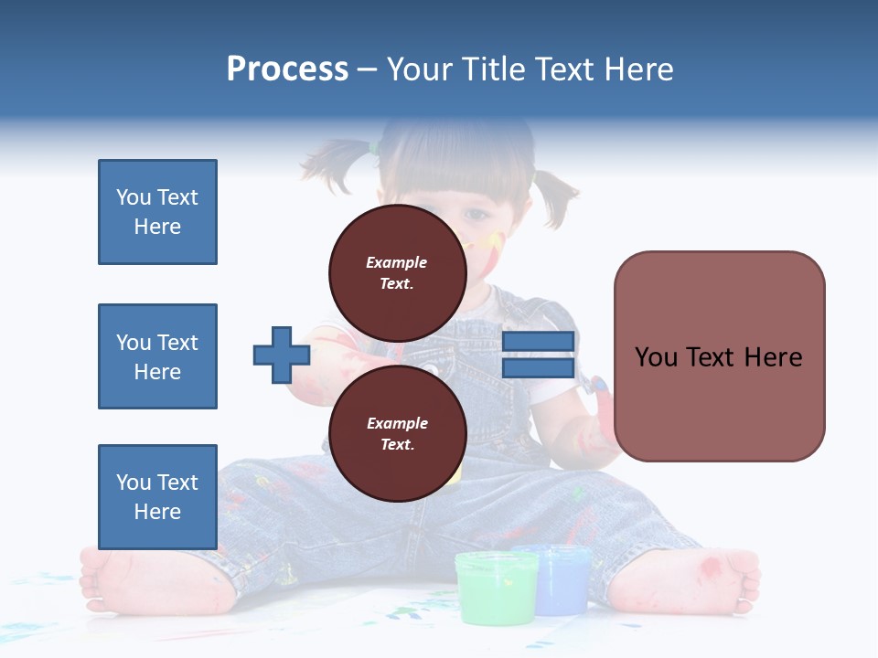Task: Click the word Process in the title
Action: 287,69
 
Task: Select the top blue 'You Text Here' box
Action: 157,212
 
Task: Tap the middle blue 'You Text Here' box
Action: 157,356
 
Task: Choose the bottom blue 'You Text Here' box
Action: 157,496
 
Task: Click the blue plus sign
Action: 281,356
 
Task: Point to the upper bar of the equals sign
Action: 538,342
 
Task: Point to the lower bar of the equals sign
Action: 538,368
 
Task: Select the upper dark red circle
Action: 397,273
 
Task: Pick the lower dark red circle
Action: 397,434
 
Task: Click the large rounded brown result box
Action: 719,356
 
